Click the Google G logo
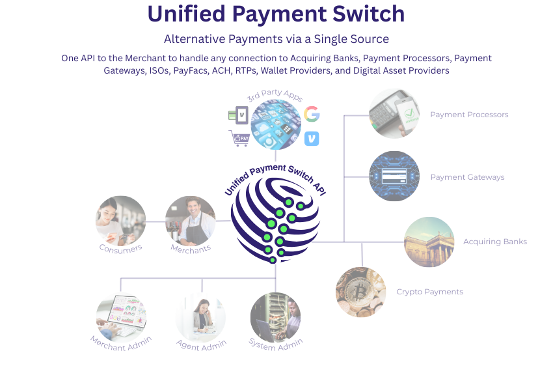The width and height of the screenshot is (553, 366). pyautogui.click(x=311, y=114)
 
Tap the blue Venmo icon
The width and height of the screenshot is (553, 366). pyautogui.click(x=312, y=138)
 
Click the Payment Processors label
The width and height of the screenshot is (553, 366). pyautogui.click(x=469, y=115)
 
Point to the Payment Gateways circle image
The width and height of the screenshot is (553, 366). pyautogui.click(x=394, y=176)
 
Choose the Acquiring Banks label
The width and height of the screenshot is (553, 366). pyautogui.click(x=494, y=242)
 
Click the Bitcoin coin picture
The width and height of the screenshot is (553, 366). pyautogui.click(x=360, y=292)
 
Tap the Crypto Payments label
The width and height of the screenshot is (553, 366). pyautogui.click(x=429, y=292)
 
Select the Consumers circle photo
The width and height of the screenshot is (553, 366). pyautogui.click(x=121, y=220)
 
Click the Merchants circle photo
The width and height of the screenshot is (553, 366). pyautogui.click(x=190, y=220)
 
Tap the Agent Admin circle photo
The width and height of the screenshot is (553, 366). pyautogui.click(x=200, y=317)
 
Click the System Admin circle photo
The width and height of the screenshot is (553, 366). pyautogui.click(x=276, y=317)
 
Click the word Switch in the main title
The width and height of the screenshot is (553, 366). pyautogui.click(x=366, y=14)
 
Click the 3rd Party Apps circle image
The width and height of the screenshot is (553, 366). pyautogui.click(x=275, y=124)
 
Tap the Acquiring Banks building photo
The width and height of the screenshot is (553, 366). pyautogui.click(x=429, y=242)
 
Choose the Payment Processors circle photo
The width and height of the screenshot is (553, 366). pyautogui.click(x=394, y=113)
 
